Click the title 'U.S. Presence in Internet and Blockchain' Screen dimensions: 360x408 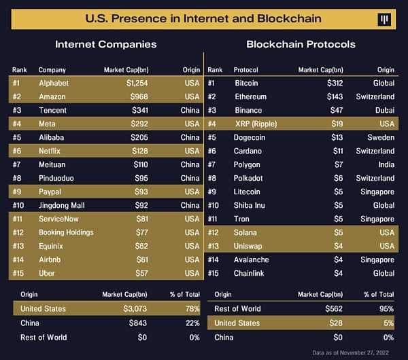[x=203, y=18]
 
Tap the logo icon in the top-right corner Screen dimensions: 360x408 [x=386, y=18]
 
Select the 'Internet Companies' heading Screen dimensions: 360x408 [x=105, y=44]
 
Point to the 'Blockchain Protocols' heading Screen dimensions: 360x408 [x=301, y=44]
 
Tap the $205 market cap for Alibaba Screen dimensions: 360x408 [x=139, y=137]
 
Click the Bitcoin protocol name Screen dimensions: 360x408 [x=246, y=83]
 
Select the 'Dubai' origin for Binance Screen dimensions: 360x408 [x=384, y=110]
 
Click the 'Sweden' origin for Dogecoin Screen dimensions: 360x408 [x=381, y=137]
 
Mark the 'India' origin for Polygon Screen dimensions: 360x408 [x=386, y=164]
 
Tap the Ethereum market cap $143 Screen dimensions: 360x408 [x=333, y=96]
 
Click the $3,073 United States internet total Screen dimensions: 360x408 [x=133, y=308]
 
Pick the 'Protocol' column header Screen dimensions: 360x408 [x=246, y=70]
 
